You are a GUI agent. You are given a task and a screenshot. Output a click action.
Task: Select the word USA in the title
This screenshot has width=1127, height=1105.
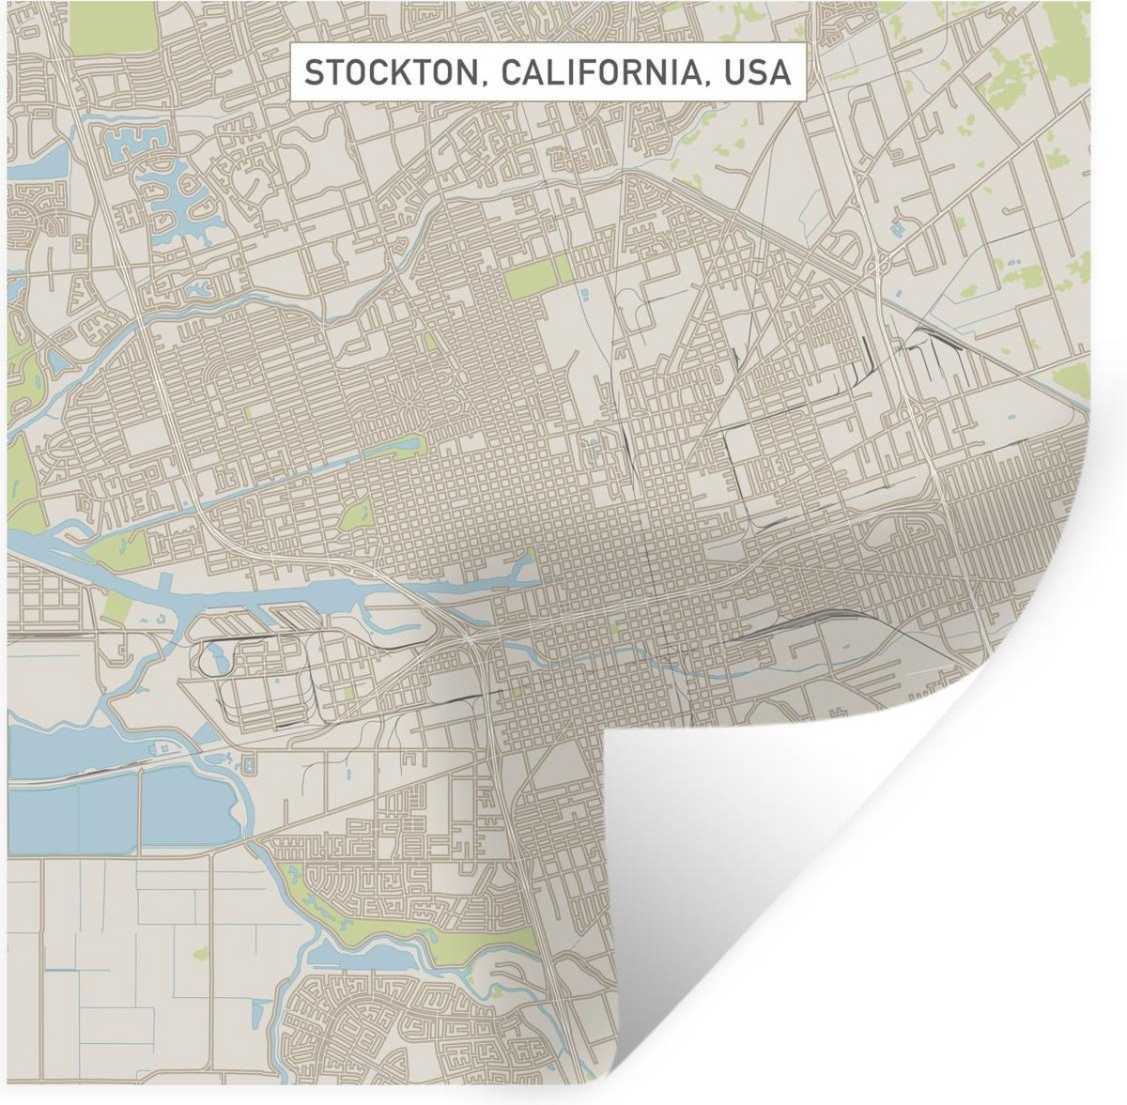pyautogui.click(x=757, y=72)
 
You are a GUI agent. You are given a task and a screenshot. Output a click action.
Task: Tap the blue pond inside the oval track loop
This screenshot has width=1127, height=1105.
pyautogui.click(x=224, y=660)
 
